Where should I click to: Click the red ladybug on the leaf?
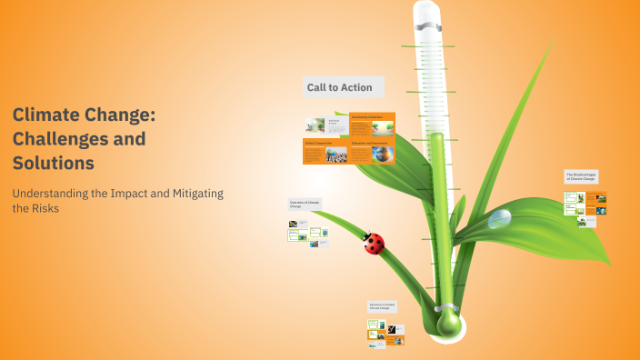(374, 243)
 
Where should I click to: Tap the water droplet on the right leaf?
(499, 219)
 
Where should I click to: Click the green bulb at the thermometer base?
(448, 323)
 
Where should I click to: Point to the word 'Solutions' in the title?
(54, 163)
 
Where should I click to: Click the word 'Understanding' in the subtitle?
(51, 194)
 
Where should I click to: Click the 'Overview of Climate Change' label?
(305, 204)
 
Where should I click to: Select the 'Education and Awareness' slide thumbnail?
(373, 152)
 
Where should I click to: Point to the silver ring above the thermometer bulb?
(447, 305)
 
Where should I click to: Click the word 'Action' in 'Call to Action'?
(356, 87)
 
